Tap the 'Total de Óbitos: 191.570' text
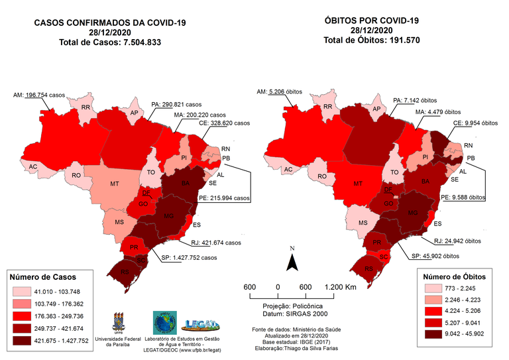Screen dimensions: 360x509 (x=371, y=40)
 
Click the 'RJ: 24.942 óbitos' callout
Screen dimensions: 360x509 (x=455, y=242)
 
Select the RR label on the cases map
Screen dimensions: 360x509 (x=85, y=107)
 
